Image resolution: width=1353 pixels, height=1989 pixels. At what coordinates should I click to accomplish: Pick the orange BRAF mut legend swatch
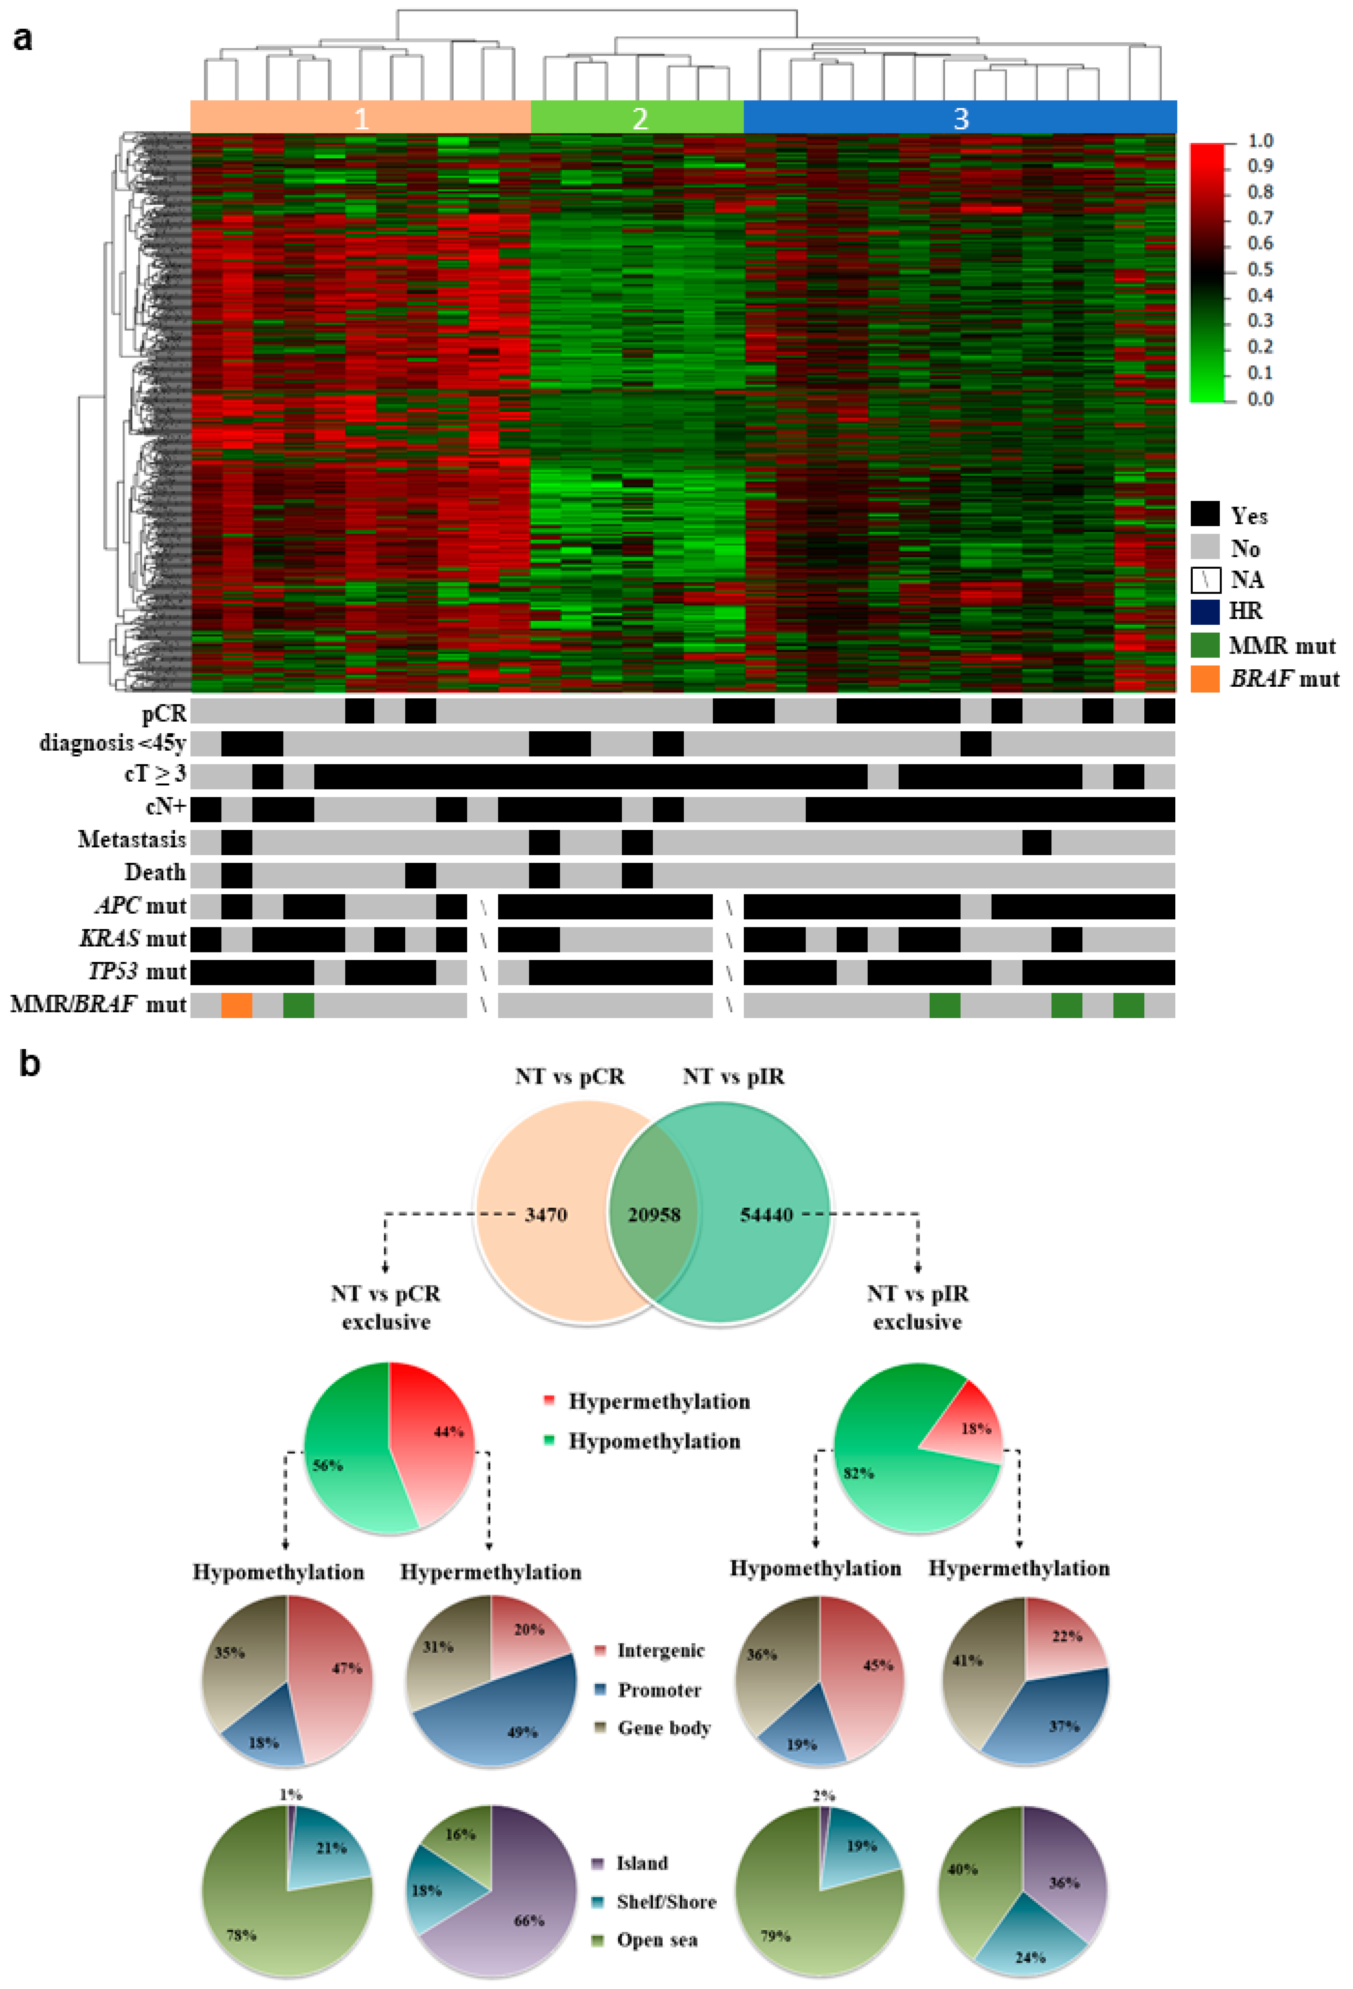tap(1204, 679)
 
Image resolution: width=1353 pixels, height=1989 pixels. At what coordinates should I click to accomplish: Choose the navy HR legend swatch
tap(1204, 611)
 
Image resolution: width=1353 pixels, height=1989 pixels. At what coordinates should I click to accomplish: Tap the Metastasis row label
tap(132, 839)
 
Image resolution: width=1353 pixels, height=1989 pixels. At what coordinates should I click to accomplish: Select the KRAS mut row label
tap(133, 939)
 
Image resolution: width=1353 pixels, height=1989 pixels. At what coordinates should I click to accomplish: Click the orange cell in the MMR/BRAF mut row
tap(236, 1005)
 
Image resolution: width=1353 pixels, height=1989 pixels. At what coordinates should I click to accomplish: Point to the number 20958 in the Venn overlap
tap(654, 1215)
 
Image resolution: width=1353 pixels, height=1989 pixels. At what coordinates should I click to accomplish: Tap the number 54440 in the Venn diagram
tap(766, 1215)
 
